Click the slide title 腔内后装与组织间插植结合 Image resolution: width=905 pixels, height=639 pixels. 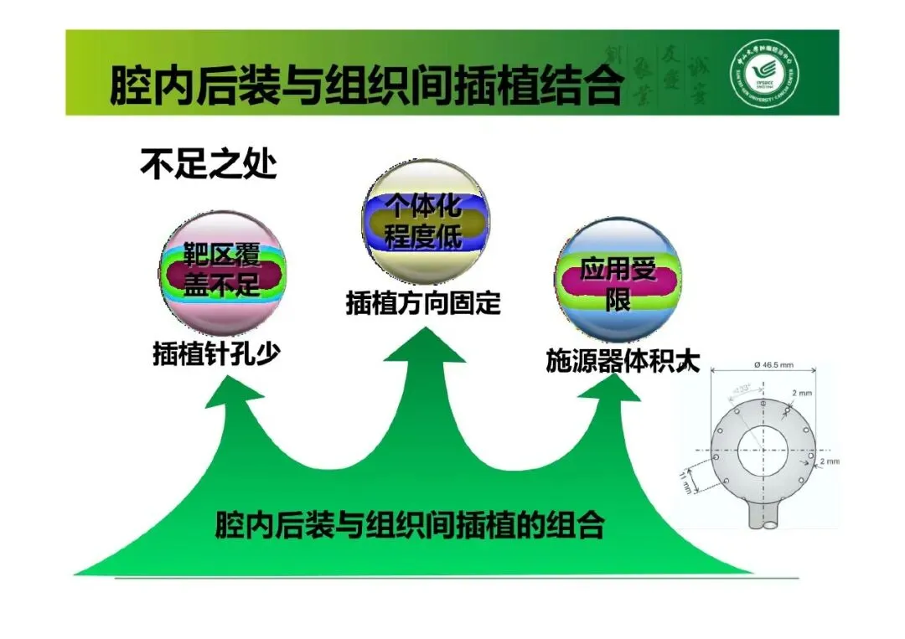pyautogui.click(x=366, y=85)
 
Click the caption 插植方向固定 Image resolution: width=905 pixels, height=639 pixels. pyautogui.click(x=423, y=302)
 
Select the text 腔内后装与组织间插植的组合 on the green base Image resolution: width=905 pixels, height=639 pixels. pyautogui.click(x=410, y=526)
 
